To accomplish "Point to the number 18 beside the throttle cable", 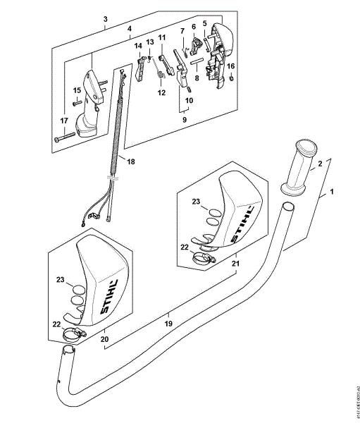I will (132, 161).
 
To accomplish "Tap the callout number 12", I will (161, 92).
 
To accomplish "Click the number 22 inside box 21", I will (185, 247).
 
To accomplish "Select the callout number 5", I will (205, 23).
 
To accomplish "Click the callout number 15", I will (77, 90).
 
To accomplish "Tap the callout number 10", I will (189, 101).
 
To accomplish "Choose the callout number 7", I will (181, 31).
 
